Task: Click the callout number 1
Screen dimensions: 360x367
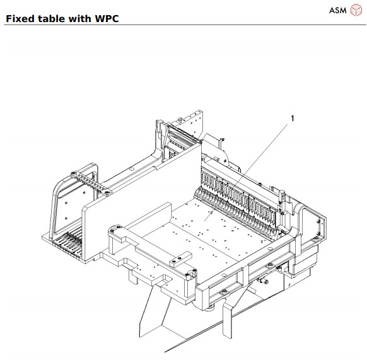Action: click(292, 117)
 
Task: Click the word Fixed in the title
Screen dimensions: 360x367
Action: click(20, 18)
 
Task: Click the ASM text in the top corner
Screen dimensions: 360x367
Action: click(337, 11)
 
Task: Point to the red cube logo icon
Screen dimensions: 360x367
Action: click(356, 11)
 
